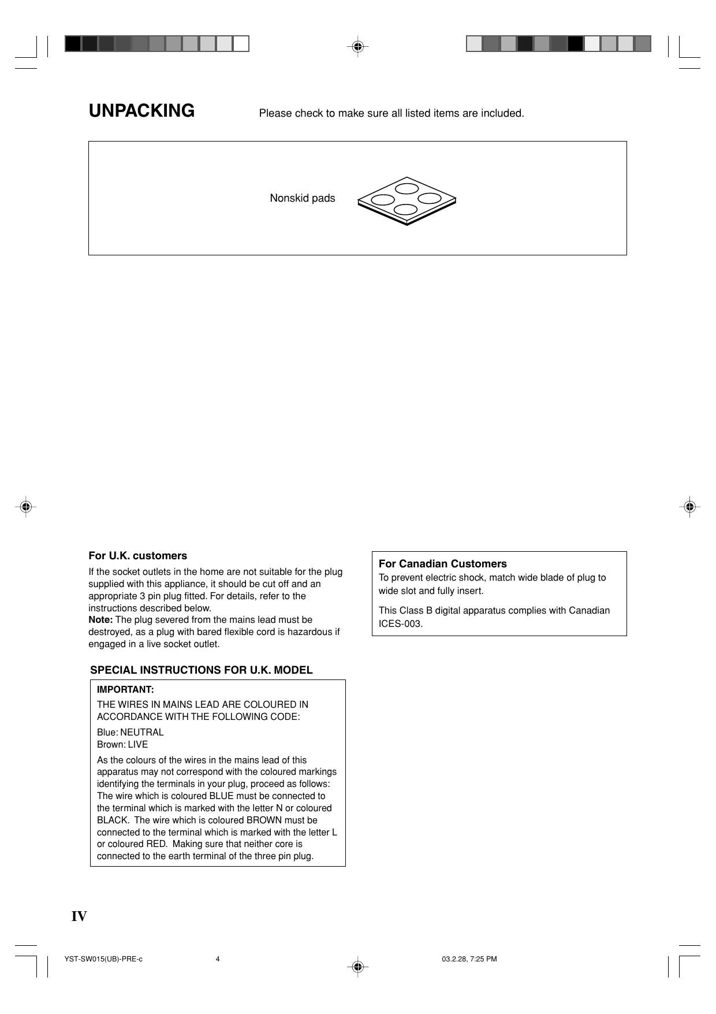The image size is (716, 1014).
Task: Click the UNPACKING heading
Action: pos(141,110)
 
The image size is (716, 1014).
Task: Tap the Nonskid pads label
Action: pos(302,198)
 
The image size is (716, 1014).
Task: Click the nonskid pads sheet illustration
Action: pos(407,200)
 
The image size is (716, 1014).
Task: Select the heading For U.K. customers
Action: pos(137,556)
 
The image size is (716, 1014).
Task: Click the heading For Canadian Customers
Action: pos(442,564)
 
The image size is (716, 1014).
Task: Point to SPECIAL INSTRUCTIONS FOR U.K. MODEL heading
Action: pos(202,670)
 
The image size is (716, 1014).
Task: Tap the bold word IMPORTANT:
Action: pos(125,690)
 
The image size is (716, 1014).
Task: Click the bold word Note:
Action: pos(100,620)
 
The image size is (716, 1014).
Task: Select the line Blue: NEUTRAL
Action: pos(130,732)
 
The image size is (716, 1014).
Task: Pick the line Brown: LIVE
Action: pos(122,744)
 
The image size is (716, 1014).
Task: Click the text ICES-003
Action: pos(401,624)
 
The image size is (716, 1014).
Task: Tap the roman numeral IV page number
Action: pos(79,916)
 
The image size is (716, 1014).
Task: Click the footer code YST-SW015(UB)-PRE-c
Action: pos(103,959)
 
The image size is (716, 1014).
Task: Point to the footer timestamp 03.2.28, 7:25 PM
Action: pos(469,959)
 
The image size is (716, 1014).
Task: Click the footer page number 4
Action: pos(218,959)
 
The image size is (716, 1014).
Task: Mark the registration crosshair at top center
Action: pos(357,46)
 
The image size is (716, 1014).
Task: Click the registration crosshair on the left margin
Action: pos(25,507)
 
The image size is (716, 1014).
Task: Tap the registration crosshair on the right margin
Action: pos(689,507)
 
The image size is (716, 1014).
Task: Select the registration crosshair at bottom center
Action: pos(357,965)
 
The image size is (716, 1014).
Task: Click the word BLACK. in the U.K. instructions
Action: pos(113,820)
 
